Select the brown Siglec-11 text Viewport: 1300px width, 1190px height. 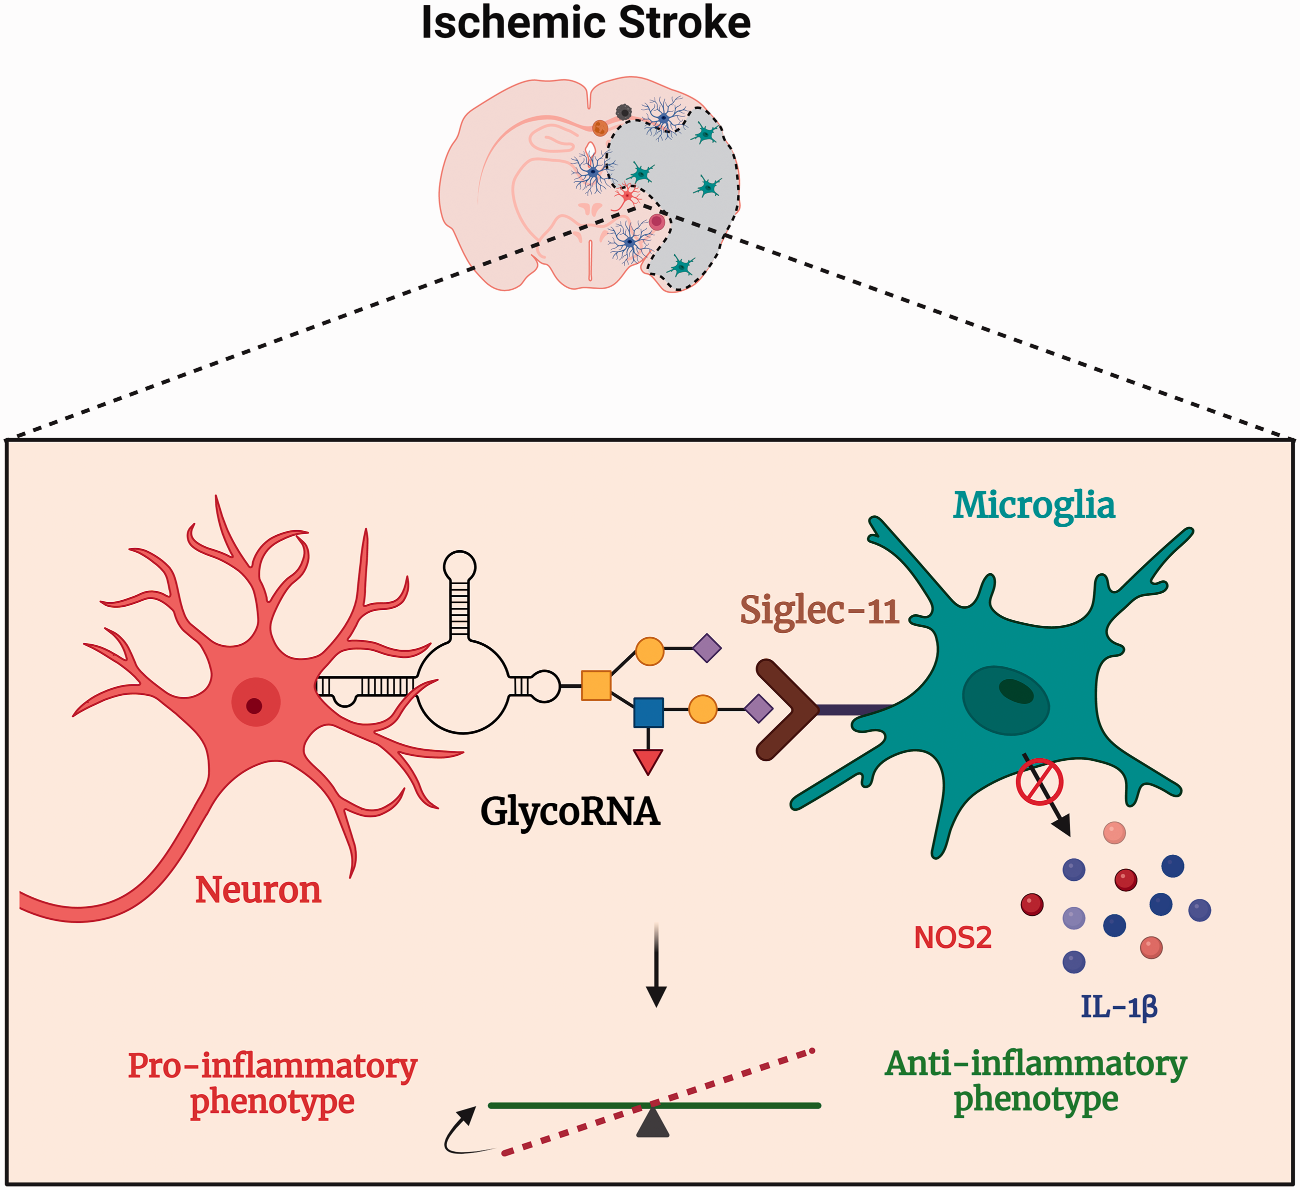(819, 610)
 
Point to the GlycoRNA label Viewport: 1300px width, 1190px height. (570, 811)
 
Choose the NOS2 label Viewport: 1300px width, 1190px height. (952, 938)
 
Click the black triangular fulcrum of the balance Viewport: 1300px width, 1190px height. (652, 1121)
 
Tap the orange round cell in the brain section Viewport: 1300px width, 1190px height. (600, 128)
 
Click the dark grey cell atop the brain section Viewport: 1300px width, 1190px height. (623, 112)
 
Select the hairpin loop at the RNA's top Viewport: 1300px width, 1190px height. (460, 567)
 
